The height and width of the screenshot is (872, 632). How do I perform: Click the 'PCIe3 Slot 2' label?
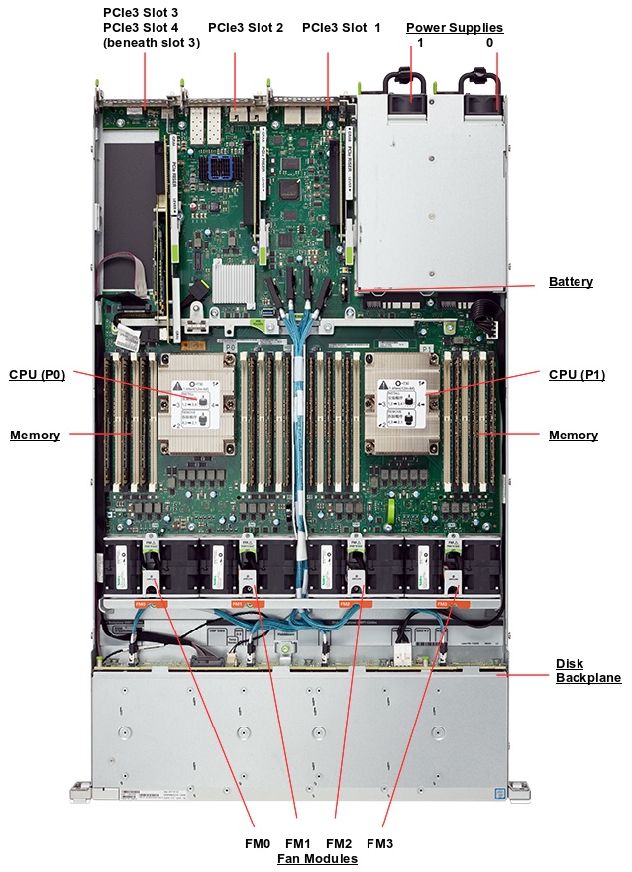245,27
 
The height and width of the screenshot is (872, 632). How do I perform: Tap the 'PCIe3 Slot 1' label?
341,27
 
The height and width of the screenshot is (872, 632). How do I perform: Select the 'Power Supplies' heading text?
455,27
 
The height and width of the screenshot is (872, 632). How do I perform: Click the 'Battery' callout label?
571,282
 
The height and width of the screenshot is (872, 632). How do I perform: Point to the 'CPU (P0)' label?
37,374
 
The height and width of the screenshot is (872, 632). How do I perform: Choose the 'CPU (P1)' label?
577,374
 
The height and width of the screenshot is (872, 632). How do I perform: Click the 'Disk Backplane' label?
587,670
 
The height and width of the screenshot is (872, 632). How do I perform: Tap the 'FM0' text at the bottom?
257,843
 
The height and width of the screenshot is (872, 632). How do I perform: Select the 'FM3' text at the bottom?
379,843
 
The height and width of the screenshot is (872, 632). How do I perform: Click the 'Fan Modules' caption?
317,859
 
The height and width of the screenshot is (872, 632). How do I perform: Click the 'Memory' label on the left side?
35,435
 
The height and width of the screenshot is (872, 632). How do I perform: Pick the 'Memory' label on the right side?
574,435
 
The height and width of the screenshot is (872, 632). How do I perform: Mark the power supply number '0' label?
489,44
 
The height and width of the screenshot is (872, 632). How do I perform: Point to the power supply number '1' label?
420,44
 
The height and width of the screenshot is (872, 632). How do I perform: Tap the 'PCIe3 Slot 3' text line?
141,12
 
